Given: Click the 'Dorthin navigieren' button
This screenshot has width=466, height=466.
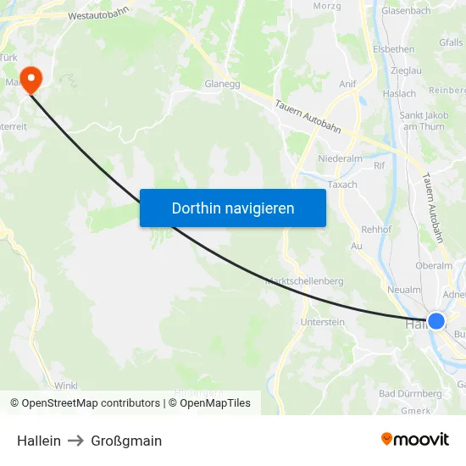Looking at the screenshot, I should click(233, 208).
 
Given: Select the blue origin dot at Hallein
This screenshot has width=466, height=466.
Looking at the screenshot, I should click(435, 320).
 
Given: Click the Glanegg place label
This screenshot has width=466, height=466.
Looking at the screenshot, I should click(224, 84).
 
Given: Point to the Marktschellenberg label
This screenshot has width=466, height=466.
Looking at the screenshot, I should click(304, 280).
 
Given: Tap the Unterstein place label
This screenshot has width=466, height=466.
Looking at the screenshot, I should click(322, 322).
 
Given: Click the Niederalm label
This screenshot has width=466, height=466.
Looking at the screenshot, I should click(339, 158).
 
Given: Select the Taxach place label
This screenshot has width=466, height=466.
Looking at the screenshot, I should click(342, 184).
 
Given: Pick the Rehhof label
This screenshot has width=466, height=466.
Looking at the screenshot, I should click(376, 230).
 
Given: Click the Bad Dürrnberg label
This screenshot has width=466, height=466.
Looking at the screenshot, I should click(410, 393).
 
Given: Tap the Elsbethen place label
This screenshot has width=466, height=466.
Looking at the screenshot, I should click(393, 49).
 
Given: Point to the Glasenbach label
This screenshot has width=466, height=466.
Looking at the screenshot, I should click(407, 11).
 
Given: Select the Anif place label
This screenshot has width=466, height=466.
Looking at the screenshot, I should click(347, 84).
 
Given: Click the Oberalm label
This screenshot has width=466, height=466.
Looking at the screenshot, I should click(434, 265).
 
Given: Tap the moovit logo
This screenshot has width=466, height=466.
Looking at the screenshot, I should click(415, 439).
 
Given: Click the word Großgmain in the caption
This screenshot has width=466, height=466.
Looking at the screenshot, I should click(126, 441).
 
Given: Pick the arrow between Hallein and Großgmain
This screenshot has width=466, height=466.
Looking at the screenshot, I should click(75, 441).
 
